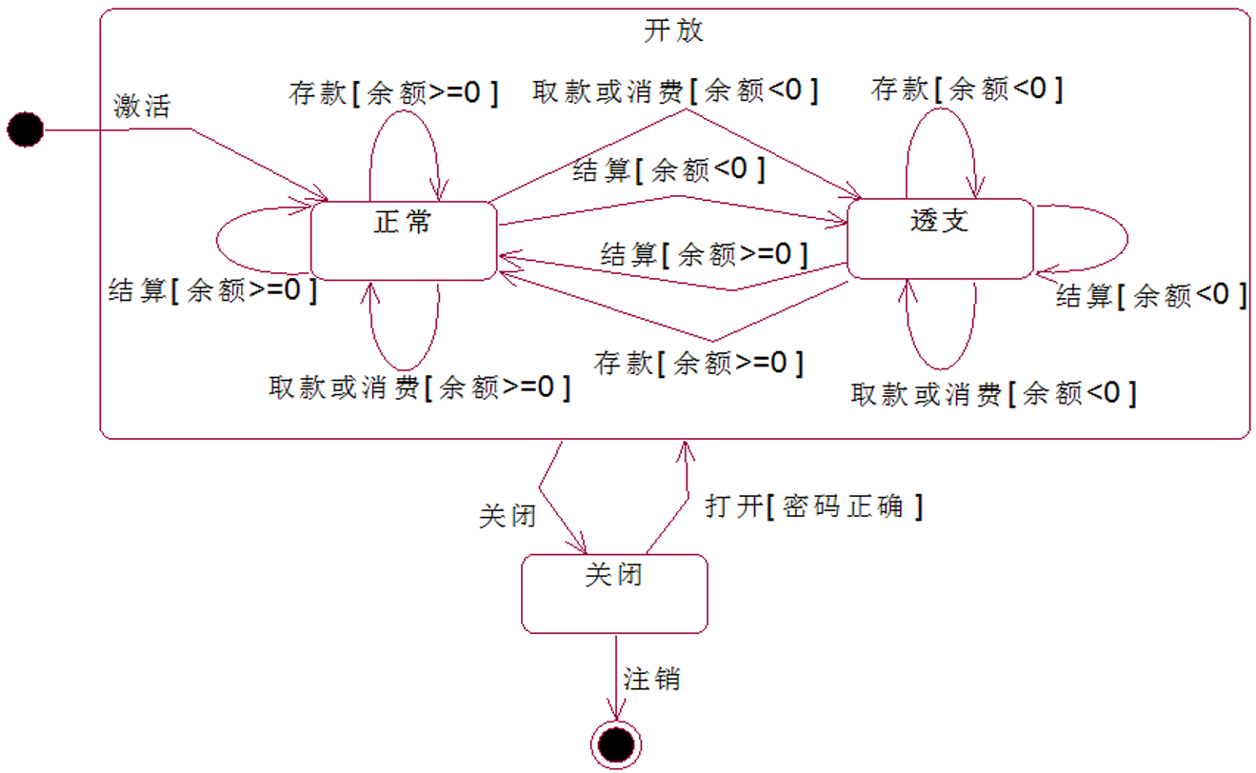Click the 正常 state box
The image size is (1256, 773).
[404, 240]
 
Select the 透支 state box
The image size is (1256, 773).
[940, 238]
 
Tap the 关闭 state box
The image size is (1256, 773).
[614, 595]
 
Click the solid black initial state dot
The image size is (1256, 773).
[26, 129]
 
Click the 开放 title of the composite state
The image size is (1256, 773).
[674, 30]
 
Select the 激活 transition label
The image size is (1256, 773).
[142, 106]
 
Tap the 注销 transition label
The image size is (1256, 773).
[651, 680]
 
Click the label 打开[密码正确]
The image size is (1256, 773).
[814, 506]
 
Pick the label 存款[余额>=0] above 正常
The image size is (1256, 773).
[393, 92]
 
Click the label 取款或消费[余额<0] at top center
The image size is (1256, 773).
[675, 90]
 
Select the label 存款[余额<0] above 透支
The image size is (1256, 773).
[967, 89]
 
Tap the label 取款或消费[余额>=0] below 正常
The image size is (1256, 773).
[420, 387]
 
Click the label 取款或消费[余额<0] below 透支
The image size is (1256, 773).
[993, 393]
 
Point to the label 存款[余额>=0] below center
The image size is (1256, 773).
[699, 363]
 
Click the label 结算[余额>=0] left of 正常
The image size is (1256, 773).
[212, 290]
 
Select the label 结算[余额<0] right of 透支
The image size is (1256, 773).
[1151, 296]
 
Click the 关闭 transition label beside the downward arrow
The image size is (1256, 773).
[507, 516]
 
